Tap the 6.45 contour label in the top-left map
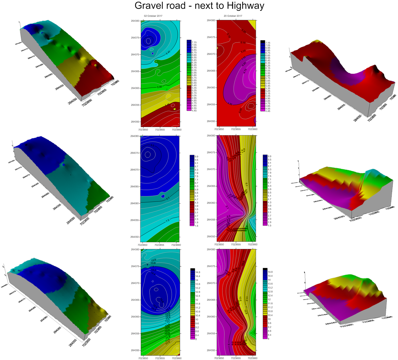pos(168,52)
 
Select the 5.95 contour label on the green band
pos(160,87)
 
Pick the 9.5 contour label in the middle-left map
pos(152,145)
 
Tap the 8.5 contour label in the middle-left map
pos(168,199)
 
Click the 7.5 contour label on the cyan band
pos(167,221)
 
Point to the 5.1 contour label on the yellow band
pos(246,185)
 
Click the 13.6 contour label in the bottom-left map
pos(153,260)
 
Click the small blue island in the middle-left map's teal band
pos(163,196)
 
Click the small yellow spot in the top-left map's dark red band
pos(175,109)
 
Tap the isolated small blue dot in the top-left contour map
pos(152,53)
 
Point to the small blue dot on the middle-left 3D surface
pos(64,164)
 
